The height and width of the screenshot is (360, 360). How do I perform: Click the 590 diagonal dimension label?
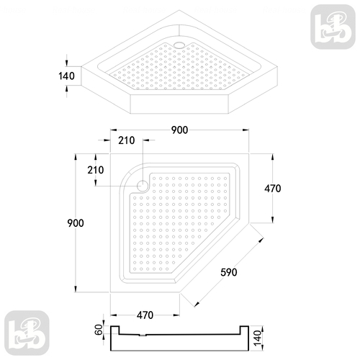[228, 272]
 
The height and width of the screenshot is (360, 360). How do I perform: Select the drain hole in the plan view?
[142, 186]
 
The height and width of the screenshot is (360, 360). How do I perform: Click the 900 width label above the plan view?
[180, 130]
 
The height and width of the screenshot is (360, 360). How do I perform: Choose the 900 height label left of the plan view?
[76, 223]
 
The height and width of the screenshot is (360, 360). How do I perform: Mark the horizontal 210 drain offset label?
[127, 142]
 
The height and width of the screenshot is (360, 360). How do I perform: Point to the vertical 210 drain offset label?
[95, 170]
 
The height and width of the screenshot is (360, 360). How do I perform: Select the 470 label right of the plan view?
[272, 189]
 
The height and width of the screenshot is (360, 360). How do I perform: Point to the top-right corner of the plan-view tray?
[248, 153]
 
